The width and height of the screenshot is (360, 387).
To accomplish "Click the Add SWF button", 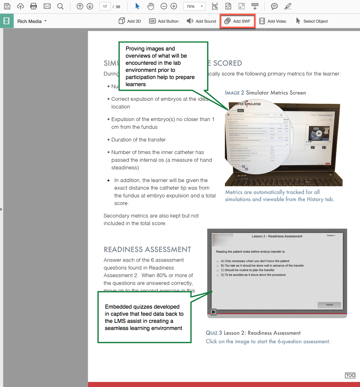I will click(x=238, y=21).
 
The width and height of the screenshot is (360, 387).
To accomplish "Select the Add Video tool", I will click(x=273, y=21).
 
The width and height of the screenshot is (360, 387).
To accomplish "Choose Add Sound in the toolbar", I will click(x=201, y=21).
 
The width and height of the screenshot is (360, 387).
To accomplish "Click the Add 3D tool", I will click(x=130, y=21).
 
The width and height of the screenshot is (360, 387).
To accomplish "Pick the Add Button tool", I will click(x=164, y=21).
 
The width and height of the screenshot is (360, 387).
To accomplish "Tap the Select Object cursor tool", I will click(x=312, y=21).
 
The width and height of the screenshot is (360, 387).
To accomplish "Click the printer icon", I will click(x=33, y=6).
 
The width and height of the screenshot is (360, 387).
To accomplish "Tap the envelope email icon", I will click(x=47, y=6).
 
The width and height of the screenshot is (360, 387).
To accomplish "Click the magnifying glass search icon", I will click(x=60, y=6).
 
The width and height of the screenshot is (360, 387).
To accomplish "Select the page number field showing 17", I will click(x=105, y=7).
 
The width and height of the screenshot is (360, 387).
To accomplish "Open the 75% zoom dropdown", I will click(x=195, y=7).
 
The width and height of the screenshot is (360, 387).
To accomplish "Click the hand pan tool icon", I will click(x=151, y=6).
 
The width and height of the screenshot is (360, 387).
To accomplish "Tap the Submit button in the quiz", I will click(x=329, y=305).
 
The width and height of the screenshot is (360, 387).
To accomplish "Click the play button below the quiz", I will click(x=213, y=312).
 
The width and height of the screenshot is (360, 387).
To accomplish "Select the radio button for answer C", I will click(x=218, y=270).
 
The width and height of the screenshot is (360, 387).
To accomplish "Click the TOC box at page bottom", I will click(x=350, y=376).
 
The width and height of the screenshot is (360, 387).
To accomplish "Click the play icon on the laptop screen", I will click(x=319, y=134).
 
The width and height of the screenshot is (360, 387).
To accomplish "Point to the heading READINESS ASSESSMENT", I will click(x=147, y=250).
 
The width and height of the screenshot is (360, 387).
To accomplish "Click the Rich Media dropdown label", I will click(x=32, y=21).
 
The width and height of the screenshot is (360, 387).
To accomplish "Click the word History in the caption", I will click(x=315, y=199).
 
